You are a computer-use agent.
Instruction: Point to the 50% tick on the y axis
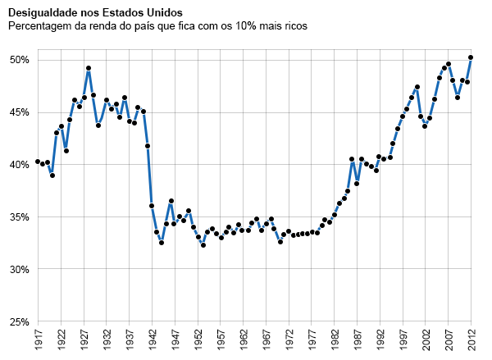pyautogui.click(x=20, y=60)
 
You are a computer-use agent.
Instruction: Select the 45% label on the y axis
pyautogui.click(x=20, y=112)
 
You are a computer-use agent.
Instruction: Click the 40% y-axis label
pyautogui.click(x=20, y=165)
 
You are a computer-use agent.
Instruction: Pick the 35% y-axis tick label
pyautogui.click(x=20, y=217)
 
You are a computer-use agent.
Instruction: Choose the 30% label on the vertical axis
pyautogui.click(x=20, y=270)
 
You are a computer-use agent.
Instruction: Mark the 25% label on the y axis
pyautogui.click(x=20, y=322)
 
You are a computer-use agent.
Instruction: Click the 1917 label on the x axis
pyautogui.click(x=38, y=339)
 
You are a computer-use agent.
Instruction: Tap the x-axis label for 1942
pyautogui.click(x=152, y=339)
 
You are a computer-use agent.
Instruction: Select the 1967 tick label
pyautogui.click(x=266, y=339)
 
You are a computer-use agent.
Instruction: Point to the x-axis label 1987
pyautogui.click(x=357, y=339)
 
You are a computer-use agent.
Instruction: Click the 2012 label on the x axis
pyautogui.click(x=471, y=339)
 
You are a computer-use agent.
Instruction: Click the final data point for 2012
pyautogui.click(x=471, y=57)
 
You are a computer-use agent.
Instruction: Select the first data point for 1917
pyautogui.click(x=38, y=162)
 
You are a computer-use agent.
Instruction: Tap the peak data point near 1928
pyautogui.click(x=89, y=68)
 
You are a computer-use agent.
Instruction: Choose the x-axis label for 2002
pyautogui.click(x=425, y=339)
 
